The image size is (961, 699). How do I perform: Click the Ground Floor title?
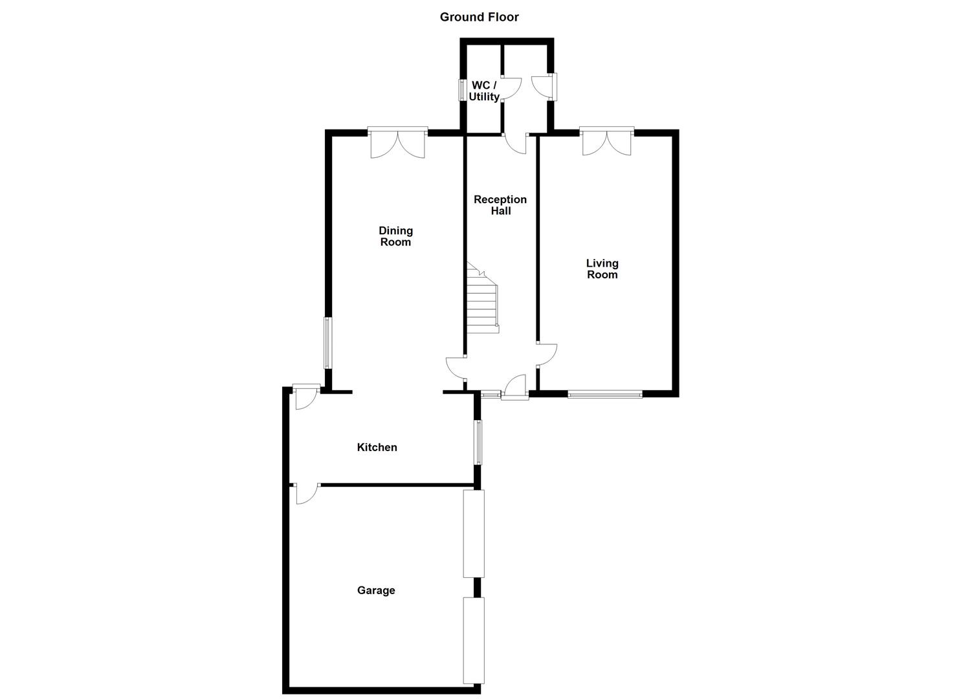pyautogui.click(x=479, y=17)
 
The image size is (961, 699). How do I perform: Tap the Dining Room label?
pyautogui.click(x=395, y=236)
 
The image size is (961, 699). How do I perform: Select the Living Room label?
pyautogui.click(x=602, y=269)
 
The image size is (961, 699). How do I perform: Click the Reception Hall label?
pyautogui.click(x=500, y=205)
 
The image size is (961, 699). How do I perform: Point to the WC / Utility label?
pyautogui.click(x=484, y=91)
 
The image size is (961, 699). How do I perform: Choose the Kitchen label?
pyautogui.click(x=377, y=447)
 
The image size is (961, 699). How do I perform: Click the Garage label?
pyautogui.click(x=376, y=590)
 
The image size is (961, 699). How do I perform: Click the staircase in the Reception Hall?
pyautogui.click(x=482, y=301)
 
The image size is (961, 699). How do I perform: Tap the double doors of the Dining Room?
pyautogui.click(x=398, y=143)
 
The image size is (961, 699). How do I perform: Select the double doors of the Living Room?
pyautogui.click(x=607, y=142)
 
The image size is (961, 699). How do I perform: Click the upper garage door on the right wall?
pyautogui.click(x=474, y=533)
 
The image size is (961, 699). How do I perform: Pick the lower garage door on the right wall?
pyautogui.click(x=474, y=640)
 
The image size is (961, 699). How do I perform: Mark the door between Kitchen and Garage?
pyautogui.click(x=305, y=493)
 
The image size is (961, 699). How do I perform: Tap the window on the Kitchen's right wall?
pyautogui.click(x=478, y=442)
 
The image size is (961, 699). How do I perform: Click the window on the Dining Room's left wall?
pyautogui.click(x=327, y=343)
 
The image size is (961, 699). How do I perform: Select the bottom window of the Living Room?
pyautogui.click(x=605, y=394)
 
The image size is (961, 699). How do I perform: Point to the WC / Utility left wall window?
pyautogui.click(x=462, y=90)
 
